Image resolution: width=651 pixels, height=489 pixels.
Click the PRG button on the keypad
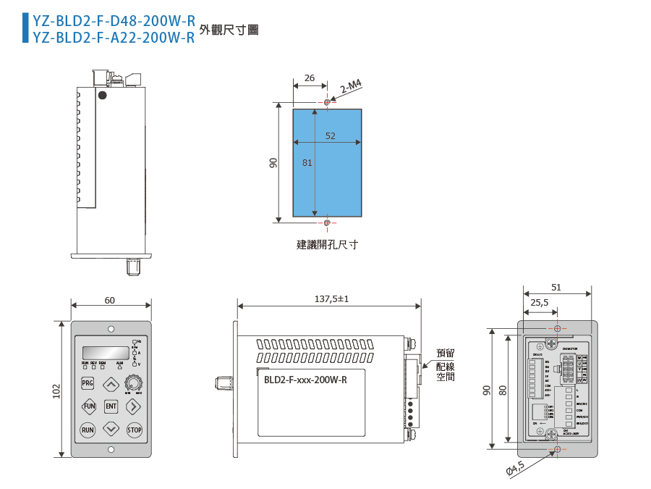point(88,383)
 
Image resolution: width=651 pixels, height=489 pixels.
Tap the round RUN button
point(88,430)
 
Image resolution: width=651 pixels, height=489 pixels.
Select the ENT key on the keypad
point(111,406)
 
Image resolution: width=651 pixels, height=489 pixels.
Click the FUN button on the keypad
point(88,406)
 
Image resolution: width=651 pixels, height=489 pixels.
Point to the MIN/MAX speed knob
point(134,383)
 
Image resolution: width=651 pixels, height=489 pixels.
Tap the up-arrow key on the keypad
point(111,383)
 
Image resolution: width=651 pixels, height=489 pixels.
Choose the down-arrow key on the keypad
point(111,430)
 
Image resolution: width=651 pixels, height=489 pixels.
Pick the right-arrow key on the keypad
point(134,406)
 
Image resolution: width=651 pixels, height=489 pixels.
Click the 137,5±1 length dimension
point(331,298)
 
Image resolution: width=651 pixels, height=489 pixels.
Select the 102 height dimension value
point(57,390)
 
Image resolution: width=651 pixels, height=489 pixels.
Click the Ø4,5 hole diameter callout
point(514,469)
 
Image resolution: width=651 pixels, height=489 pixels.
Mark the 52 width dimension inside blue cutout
point(330,135)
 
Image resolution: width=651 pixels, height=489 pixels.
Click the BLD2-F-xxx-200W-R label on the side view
point(305,380)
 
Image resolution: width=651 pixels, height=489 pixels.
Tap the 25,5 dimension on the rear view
point(540,302)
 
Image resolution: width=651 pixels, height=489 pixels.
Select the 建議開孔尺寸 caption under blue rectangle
point(327,245)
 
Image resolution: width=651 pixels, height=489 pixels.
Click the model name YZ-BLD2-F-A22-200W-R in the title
point(114,38)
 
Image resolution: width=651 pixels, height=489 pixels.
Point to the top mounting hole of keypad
point(111,328)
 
